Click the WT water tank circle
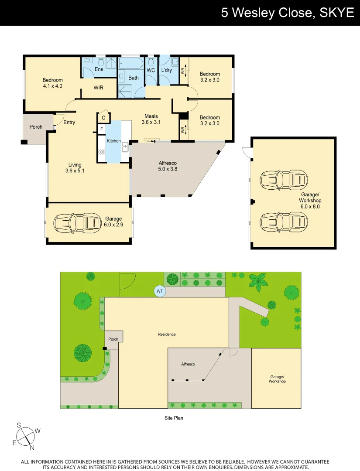point(160,291)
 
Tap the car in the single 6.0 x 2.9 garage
point(77,223)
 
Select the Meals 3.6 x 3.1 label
point(151,119)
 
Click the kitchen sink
point(125,147)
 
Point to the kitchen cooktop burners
point(102,152)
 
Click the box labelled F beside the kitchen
point(101,129)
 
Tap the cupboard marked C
point(103,118)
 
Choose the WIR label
point(99,88)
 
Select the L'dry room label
point(166,70)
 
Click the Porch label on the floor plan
point(36,127)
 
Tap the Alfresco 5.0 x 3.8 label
point(168,166)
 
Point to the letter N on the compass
point(32,447)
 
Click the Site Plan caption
point(174,418)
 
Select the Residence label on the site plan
point(167,334)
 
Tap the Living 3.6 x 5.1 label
point(75,168)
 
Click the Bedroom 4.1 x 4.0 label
point(53,83)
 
